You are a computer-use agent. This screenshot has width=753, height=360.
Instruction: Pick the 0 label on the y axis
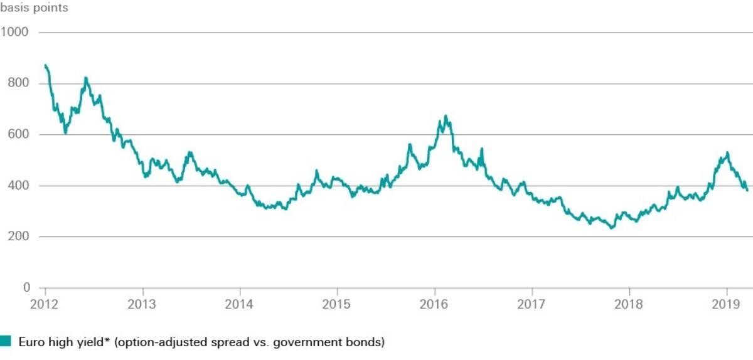(26, 288)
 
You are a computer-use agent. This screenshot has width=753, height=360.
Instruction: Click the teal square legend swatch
(6, 341)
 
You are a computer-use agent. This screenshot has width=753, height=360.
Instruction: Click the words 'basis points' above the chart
(35, 8)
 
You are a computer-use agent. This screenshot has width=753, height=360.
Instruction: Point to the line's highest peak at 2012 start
(46, 65)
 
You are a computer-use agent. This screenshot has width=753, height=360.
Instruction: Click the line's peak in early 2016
(446, 116)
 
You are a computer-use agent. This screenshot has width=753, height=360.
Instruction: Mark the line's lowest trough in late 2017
(612, 228)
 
